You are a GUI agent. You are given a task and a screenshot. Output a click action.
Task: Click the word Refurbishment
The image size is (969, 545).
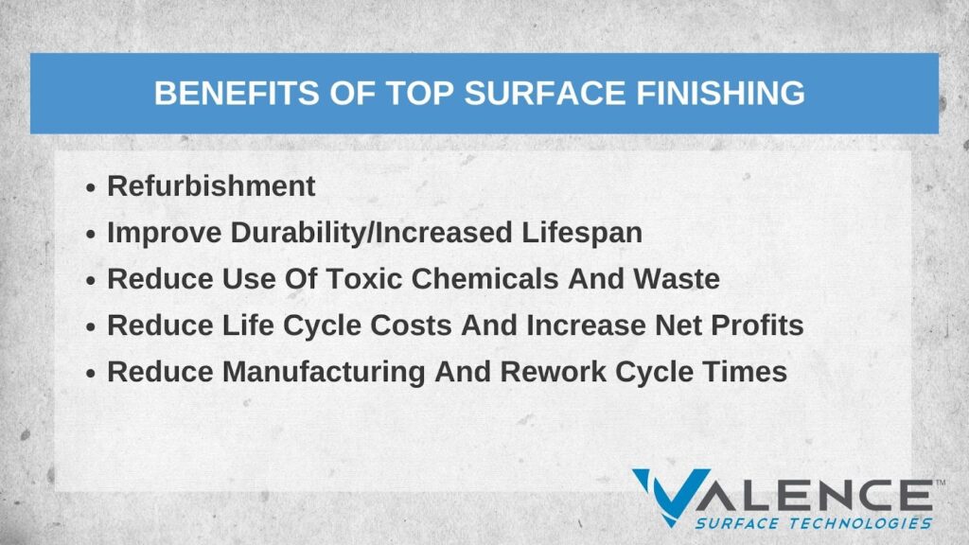click(211, 186)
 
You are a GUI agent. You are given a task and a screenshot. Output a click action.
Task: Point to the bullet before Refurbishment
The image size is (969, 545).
click(91, 188)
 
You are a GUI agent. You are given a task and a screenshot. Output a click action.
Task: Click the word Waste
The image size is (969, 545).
click(678, 279)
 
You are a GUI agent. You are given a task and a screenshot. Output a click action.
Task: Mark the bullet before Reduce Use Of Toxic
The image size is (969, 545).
click(91, 281)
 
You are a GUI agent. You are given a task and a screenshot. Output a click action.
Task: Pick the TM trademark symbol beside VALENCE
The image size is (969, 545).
click(939, 483)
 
